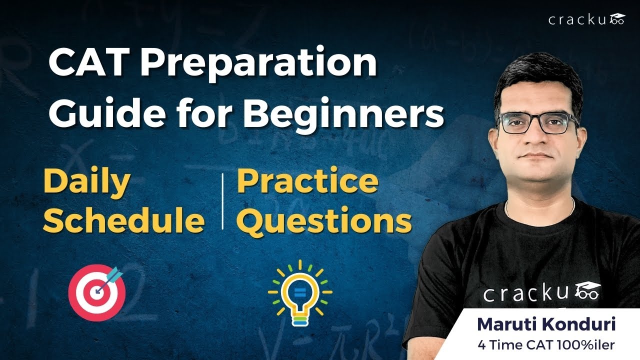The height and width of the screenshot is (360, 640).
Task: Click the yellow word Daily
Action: pos(86,183)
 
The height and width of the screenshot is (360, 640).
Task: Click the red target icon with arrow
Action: pos(96,292)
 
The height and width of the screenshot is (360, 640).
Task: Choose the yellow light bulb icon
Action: pos(299,293)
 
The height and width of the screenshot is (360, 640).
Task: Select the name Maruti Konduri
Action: pos(546,324)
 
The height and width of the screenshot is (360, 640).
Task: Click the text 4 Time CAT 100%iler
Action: pos(546,344)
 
